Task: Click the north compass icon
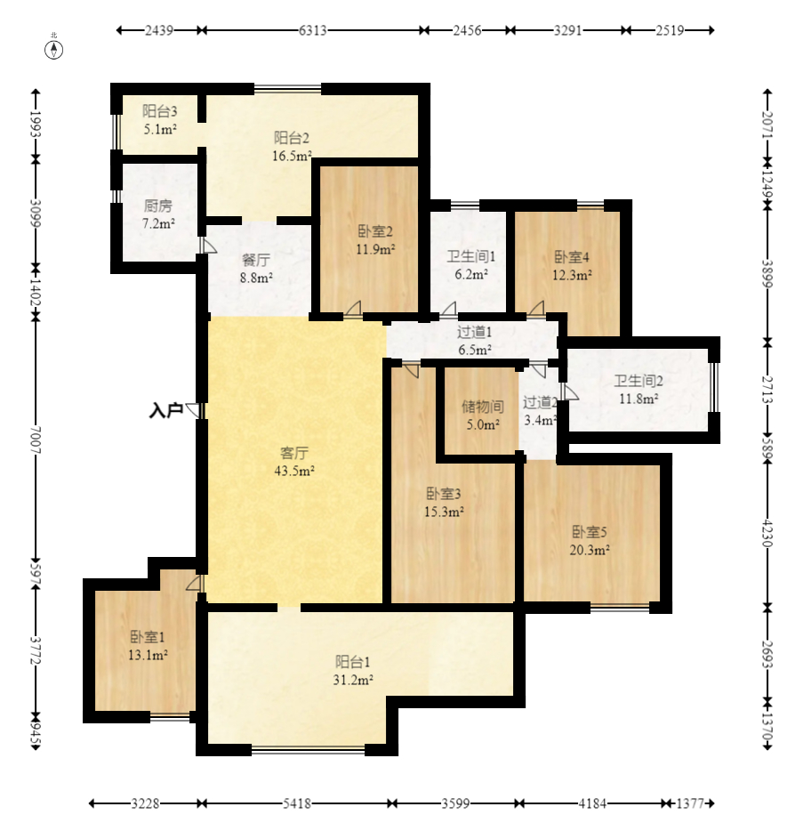(x=53, y=49)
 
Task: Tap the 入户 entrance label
(x=165, y=410)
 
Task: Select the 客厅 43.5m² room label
(x=294, y=462)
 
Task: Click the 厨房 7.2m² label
(x=158, y=214)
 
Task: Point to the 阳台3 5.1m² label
(x=160, y=120)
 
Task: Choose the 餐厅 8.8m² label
(x=256, y=269)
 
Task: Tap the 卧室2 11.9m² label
(x=375, y=240)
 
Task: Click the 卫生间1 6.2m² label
(x=471, y=265)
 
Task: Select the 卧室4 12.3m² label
(x=572, y=266)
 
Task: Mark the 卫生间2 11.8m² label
(x=638, y=390)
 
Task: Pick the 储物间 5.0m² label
(x=483, y=415)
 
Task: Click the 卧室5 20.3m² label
(x=590, y=541)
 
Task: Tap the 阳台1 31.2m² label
(x=353, y=671)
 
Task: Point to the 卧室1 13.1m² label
(x=149, y=646)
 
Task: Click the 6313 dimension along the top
(x=313, y=30)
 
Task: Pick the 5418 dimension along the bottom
(x=297, y=803)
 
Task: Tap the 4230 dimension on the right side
(x=767, y=533)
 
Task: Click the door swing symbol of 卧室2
(x=353, y=310)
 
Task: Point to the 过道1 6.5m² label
(x=475, y=341)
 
